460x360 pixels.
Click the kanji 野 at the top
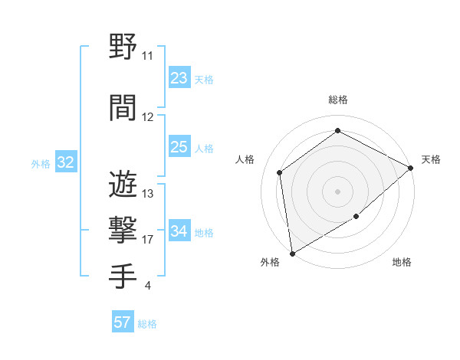pyautogui.click(x=123, y=47)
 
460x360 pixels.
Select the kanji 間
pyautogui.click(x=123, y=109)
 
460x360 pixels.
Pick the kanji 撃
pyautogui.click(x=123, y=231)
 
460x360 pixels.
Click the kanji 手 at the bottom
pyautogui.click(x=123, y=277)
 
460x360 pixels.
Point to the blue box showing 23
pyautogui.click(x=179, y=78)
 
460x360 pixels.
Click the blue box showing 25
pyautogui.click(x=179, y=147)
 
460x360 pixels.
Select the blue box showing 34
pyautogui.click(x=179, y=231)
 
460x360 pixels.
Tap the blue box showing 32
pyautogui.click(x=66, y=162)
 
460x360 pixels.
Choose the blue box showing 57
pyautogui.click(x=123, y=322)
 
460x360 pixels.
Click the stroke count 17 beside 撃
pyautogui.click(x=148, y=240)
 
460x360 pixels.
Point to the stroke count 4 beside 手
pyautogui.click(x=147, y=286)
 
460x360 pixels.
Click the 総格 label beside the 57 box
pyautogui.click(x=147, y=324)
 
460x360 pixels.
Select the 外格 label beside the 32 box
pyautogui.click(x=41, y=163)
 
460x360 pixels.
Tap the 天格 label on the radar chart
pyautogui.click(x=431, y=159)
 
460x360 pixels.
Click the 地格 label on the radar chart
pyautogui.click(x=402, y=263)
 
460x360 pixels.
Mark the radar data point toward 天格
pyautogui.click(x=411, y=168)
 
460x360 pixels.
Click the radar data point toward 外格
pyautogui.click(x=291, y=253)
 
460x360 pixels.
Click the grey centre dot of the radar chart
pyautogui.click(x=337, y=191)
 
